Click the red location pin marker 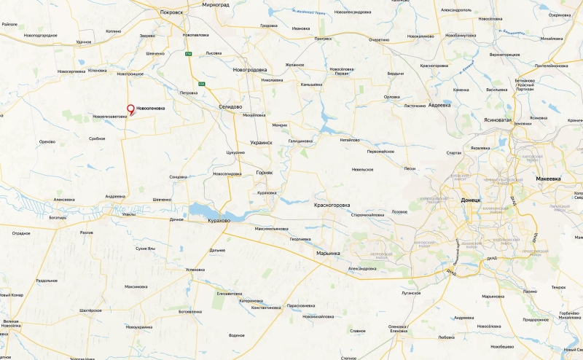click(x=131, y=109)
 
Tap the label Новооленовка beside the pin click(x=150, y=108)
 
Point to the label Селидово click(x=230, y=106)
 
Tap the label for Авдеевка click(x=439, y=104)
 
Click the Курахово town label click(x=219, y=220)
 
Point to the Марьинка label click(x=328, y=253)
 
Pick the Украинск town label click(x=261, y=143)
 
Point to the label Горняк click(x=265, y=173)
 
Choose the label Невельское click(x=362, y=169)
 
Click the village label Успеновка click(x=195, y=270)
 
